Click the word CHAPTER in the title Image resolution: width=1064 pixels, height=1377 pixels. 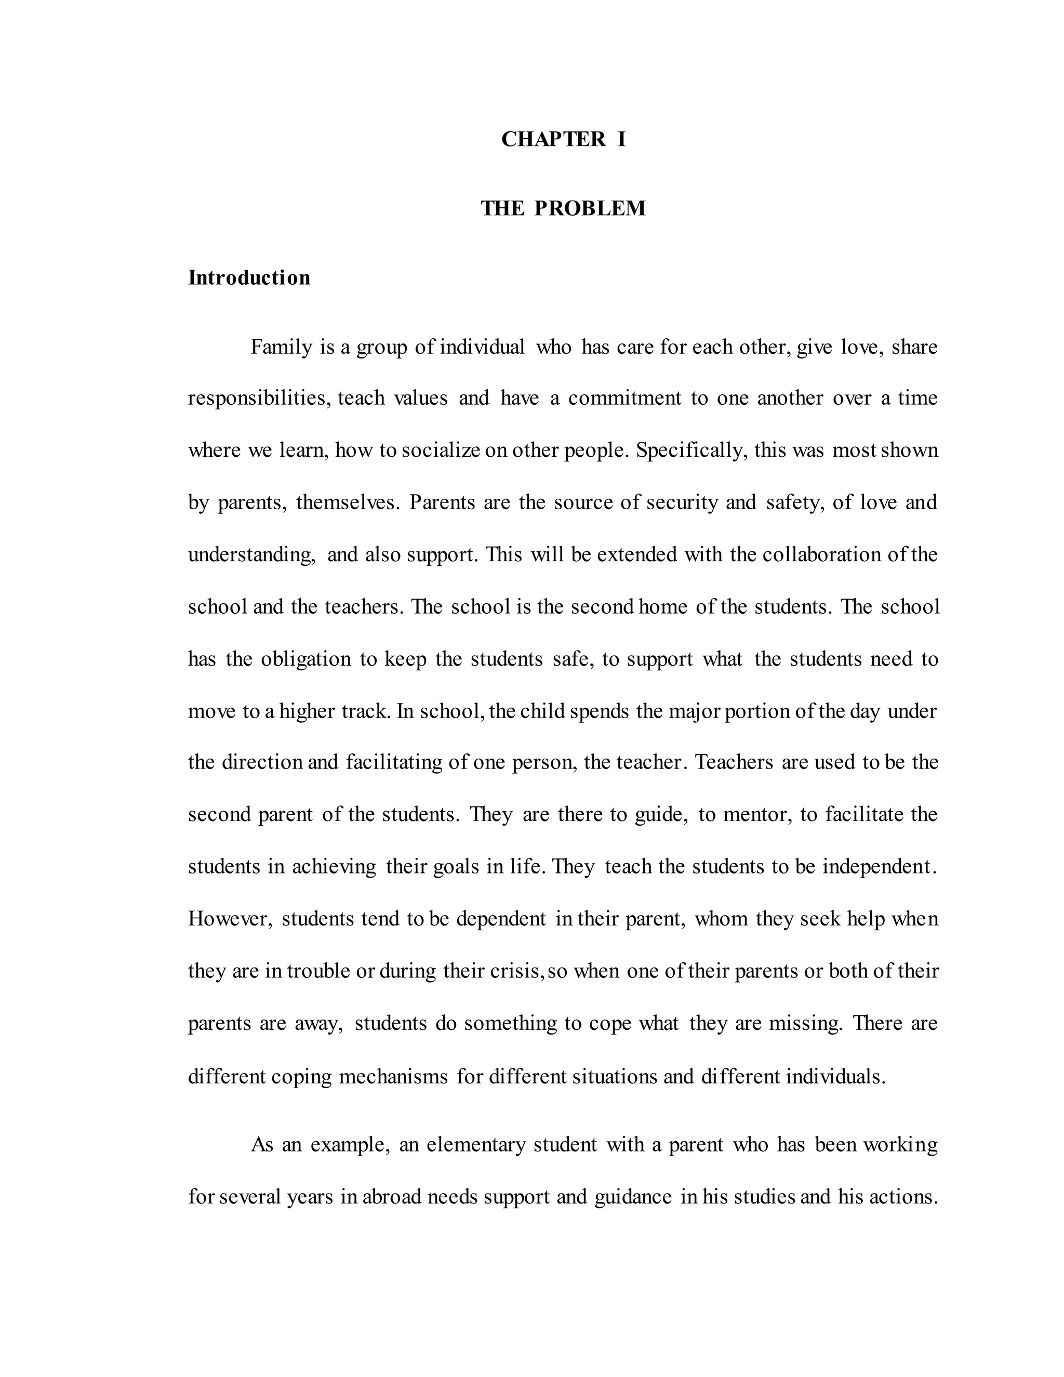tap(553, 139)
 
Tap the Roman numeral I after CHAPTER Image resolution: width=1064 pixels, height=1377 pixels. tap(621, 139)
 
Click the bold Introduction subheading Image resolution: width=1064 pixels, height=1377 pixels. tap(249, 277)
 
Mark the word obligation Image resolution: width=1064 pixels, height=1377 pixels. tap(305, 659)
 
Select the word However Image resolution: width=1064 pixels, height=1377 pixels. tap(230, 919)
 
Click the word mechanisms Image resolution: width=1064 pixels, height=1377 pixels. tap(393, 1076)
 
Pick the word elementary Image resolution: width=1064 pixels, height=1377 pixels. tap(475, 1144)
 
